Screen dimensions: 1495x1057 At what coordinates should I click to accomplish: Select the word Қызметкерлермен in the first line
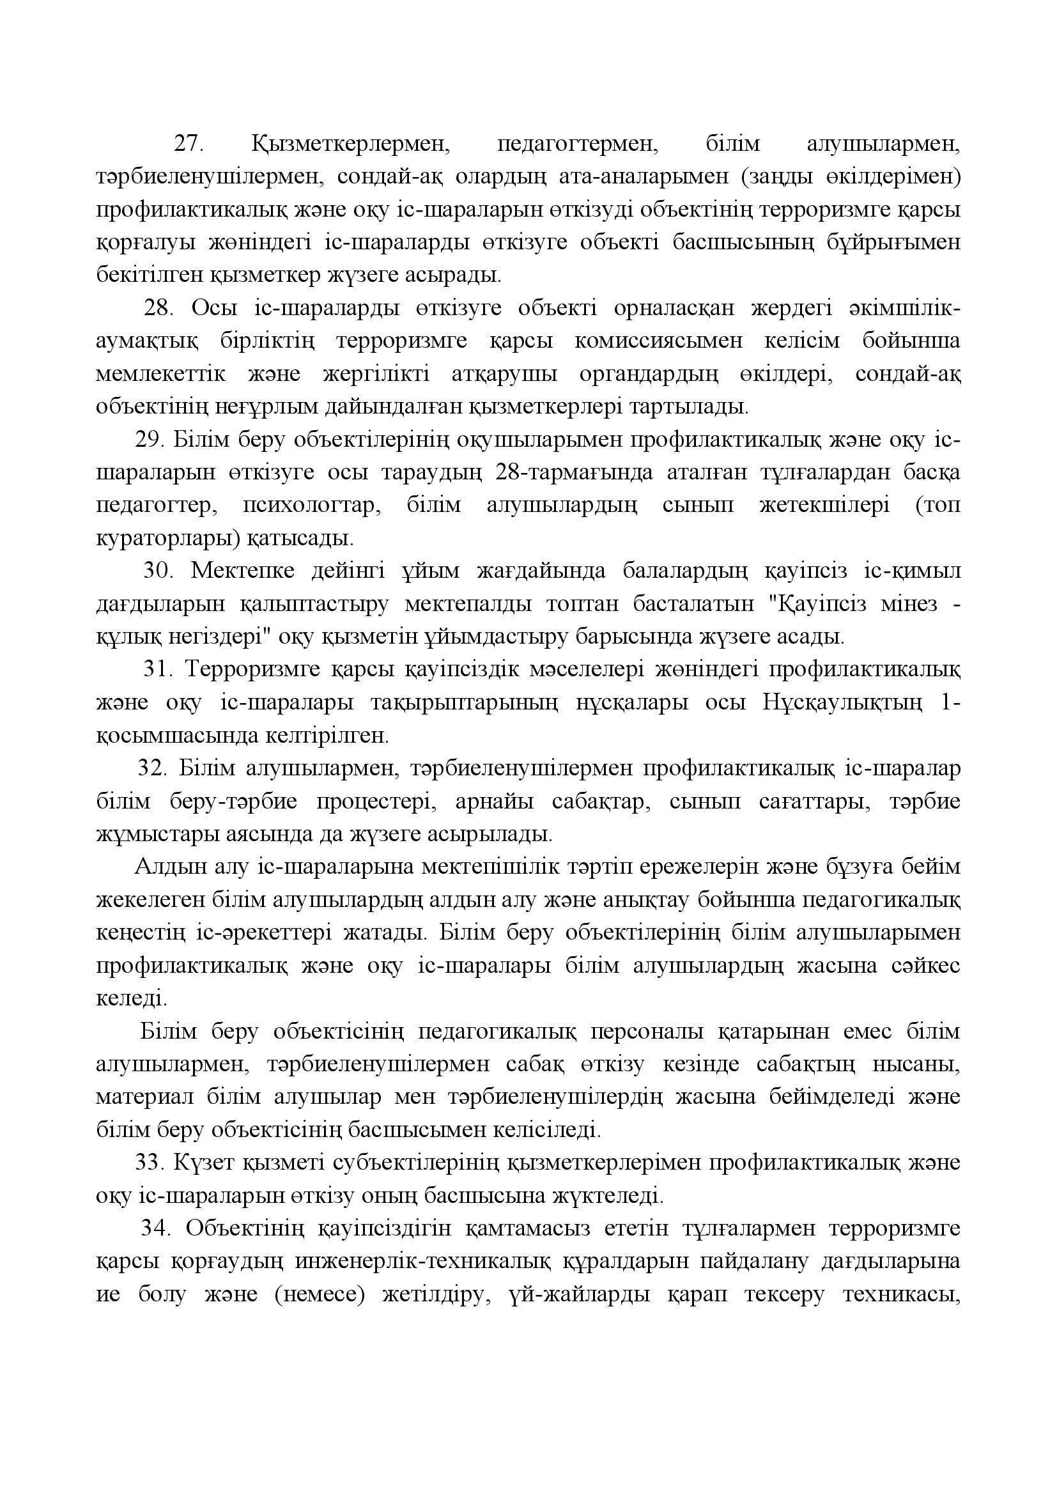coord(351,143)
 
